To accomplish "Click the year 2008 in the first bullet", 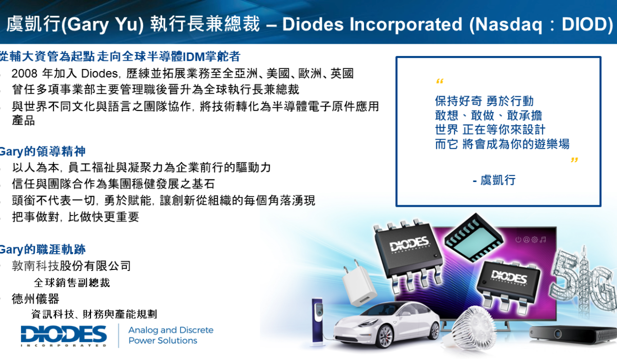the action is pos(24,74).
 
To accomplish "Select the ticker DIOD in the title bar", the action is pos(584,24).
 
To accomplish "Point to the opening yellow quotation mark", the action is pos(440,81).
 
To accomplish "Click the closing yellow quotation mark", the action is pos(574,160).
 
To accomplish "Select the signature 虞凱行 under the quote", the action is pos(498,181).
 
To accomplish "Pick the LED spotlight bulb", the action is pos(474,328).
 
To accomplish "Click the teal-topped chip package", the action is pos(474,238).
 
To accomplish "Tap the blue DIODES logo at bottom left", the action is pos(64,336).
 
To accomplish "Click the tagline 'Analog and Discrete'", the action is pos(171,330).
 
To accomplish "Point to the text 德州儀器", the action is pos(35,299).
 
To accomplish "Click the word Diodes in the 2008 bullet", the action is pos(99,74).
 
